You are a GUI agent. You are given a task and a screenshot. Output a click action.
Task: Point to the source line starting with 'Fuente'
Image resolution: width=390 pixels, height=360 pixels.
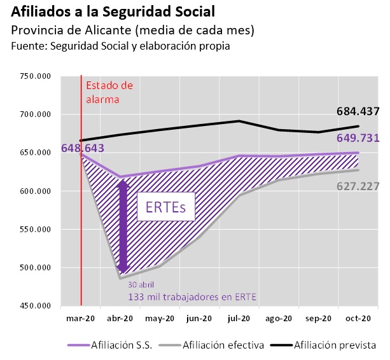121,46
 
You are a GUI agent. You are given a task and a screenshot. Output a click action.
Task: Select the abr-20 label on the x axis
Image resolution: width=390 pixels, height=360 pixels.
120,318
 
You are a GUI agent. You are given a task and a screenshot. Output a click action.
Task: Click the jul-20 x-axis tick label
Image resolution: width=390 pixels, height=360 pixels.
239,318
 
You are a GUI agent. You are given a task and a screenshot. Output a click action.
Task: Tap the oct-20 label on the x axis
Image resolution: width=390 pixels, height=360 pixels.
358,318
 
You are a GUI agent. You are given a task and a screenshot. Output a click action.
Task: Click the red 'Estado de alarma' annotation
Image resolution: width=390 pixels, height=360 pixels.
109,92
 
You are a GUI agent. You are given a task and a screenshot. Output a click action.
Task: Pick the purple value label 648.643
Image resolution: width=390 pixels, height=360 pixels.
83,148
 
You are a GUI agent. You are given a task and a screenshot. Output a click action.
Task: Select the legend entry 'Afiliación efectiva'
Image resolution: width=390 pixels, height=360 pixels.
223,345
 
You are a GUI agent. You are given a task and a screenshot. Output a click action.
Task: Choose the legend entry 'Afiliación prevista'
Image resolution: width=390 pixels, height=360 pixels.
335,345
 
